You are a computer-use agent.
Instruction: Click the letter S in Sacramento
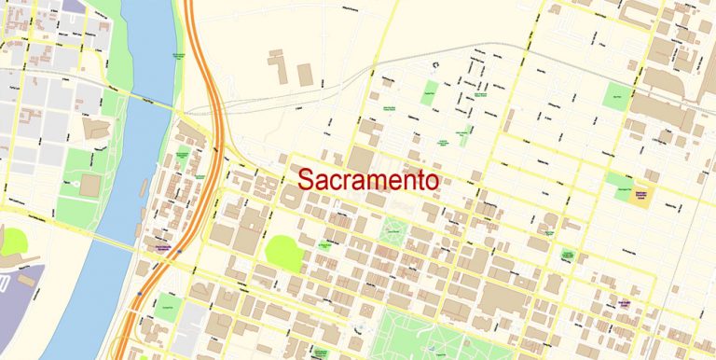pyautogui.click(x=308, y=181)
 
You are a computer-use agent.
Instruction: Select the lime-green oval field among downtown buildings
pyautogui.click(x=283, y=253)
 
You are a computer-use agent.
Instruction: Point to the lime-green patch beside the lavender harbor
pyautogui.click(x=13, y=242)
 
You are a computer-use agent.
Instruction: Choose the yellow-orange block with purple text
pyautogui.click(x=640, y=194)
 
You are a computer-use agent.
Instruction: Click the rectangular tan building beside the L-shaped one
pyautogui.click(x=305, y=74)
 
